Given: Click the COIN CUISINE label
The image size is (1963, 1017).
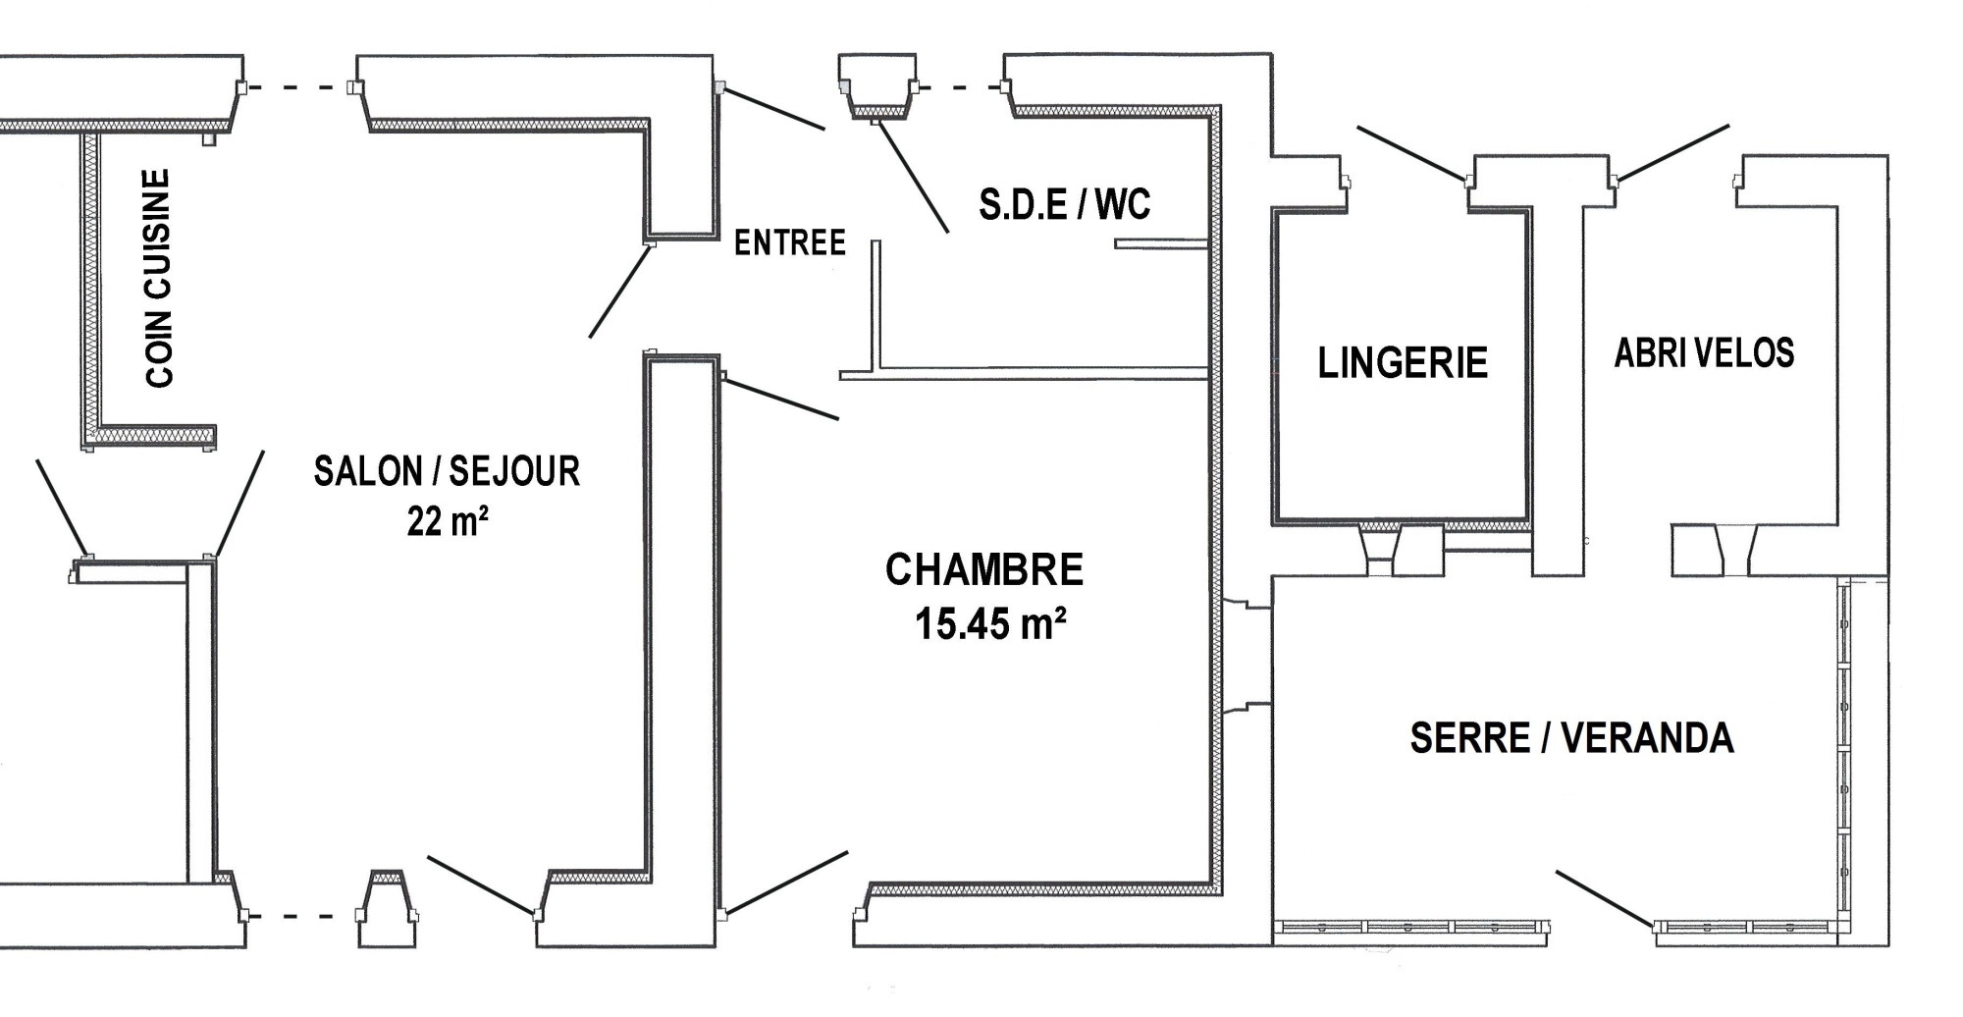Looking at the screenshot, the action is click(x=158, y=278).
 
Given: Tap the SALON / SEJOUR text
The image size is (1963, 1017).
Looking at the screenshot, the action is click(x=447, y=472).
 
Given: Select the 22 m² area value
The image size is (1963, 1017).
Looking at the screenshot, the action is click(x=448, y=521).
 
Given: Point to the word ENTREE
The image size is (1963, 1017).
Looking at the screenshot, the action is click(x=790, y=242).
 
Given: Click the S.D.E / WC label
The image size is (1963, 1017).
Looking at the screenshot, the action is click(x=1065, y=204).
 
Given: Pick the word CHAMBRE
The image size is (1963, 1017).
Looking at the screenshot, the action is click(x=984, y=570).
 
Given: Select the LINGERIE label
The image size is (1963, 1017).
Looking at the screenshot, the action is click(x=1403, y=363).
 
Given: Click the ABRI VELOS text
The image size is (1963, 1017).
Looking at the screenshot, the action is click(x=1705, y=353).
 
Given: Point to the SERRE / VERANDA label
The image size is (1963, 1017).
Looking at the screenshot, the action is click(x=1572, y=738).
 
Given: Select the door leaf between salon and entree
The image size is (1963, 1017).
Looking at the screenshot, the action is click(x=618, y=292).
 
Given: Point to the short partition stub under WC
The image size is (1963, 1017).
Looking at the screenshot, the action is click(x=1160, y=243).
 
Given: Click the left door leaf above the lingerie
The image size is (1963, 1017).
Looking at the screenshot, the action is click(x=1411, y=153).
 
